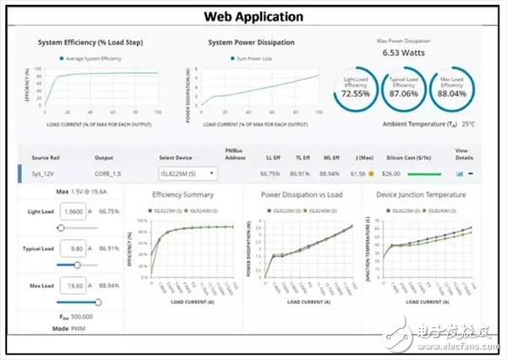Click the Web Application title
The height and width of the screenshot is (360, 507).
[x=253, y=16]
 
